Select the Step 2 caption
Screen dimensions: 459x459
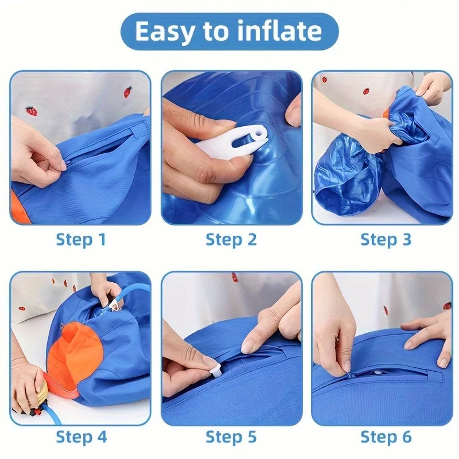pos(231,239)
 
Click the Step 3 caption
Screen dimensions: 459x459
pos(386,239)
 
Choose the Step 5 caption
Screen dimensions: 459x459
pos(231,437)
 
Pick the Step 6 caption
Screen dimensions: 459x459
pos(386,437)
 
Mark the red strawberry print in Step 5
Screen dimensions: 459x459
pos(235,277)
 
